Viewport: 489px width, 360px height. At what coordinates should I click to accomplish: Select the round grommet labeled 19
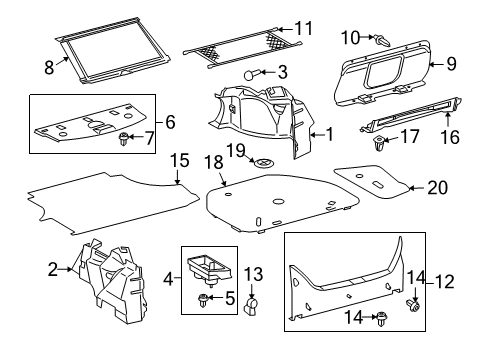tap(264, 164)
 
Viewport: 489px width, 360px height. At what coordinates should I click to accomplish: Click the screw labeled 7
tap(126, 138)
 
